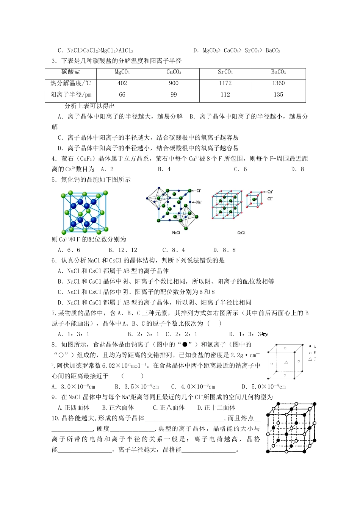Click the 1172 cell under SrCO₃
[x=225, y=83]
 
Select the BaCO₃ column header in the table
[x=278, y=72]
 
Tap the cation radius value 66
[x=122, y=95]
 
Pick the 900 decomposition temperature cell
[x=174, y=83]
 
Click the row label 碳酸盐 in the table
[x=71, y=72]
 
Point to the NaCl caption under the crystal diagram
[x=176, y=233]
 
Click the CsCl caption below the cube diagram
[x=241, y=233]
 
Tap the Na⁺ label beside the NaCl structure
[x=199, y=203]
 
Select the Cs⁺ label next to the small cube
[x=270, y=192]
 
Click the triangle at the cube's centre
[x=286, y=362]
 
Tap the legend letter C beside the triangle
[x=315, y=359]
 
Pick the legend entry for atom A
[x=313, y=347]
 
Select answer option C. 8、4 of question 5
[x=174, y=250]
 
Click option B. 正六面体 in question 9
[x=118, y=408]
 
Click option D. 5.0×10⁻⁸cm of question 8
[x=264, y=387]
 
